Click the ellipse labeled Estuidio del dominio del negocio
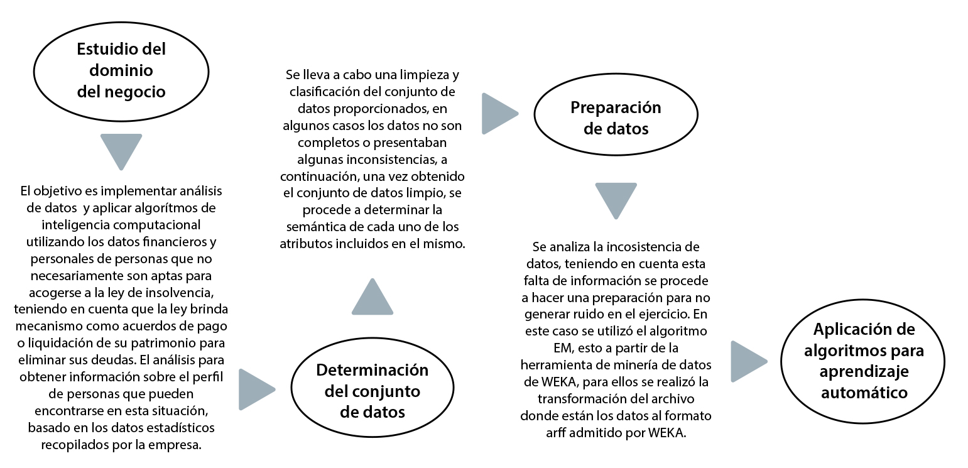point(121,70)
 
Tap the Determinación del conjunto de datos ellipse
point(373,391)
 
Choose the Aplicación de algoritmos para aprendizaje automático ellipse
point(864,361)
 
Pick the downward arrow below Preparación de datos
point(616,200)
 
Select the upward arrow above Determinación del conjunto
point(373,298)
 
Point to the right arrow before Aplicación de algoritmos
point(748,361)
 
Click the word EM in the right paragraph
point(553,347)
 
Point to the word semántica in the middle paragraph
point(313,227)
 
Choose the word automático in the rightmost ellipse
point(863,392)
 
